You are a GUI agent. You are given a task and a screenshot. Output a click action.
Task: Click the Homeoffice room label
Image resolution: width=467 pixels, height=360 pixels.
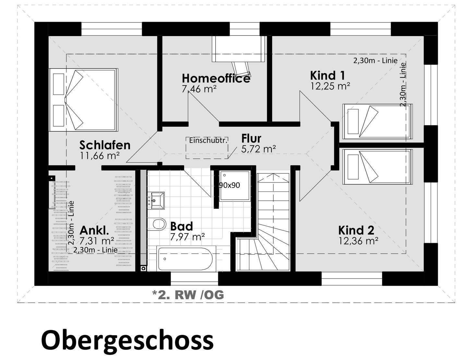tap(216, 78)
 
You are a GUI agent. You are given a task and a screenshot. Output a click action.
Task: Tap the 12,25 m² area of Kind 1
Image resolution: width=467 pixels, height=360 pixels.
tap(330, 86)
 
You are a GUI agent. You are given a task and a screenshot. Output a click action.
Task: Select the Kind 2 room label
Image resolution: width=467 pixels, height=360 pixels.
tap(356, 230)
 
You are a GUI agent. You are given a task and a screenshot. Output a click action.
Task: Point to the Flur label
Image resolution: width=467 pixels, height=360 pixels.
tap(251, 138)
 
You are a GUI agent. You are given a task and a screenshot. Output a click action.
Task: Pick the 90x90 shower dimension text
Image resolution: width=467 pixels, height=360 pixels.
tap(230, 185)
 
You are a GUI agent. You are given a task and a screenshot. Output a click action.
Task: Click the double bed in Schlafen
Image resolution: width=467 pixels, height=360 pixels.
tap(83, 100)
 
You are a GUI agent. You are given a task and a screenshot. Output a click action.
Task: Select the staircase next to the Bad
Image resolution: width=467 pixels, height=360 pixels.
tap(272, 224)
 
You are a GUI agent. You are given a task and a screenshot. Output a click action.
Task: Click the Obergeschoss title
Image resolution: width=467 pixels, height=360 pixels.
tap(127, 340)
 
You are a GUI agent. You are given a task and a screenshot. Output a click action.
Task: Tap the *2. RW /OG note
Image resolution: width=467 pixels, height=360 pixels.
tap(188, 294)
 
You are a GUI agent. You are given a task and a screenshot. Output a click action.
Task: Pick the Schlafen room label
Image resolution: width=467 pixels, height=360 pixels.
tap(105, 145)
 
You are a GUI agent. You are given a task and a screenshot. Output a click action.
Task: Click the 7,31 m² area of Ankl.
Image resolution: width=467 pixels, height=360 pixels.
tap(97, 241)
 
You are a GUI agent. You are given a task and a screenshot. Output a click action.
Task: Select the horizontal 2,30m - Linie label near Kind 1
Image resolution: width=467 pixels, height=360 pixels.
tap(375, 60)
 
